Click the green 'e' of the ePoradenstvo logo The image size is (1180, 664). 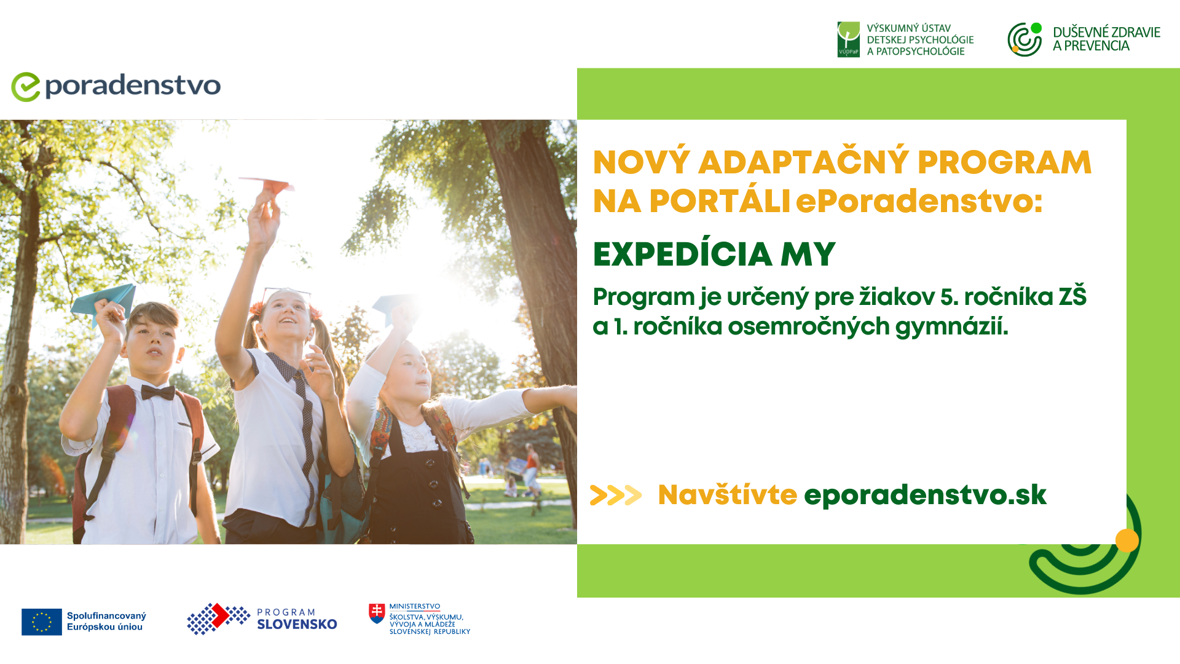[25, 87]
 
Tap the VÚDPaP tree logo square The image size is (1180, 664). [848, 39]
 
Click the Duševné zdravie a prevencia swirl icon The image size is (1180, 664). [1025, 39]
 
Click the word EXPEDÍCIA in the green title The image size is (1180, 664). [682, 254]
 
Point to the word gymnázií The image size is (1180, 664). [951, 327]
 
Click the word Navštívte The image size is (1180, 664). [727, 495]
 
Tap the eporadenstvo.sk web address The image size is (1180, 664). [925, 496]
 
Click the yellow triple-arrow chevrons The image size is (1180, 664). [616, 495]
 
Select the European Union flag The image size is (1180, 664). [42, 622]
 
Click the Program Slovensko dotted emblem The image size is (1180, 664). [218, 619]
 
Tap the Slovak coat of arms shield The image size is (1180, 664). [377, 613]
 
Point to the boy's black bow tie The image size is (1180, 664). [158, 392]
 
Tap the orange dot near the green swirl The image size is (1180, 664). [1127, 540]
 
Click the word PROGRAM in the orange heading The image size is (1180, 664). [1004, 162]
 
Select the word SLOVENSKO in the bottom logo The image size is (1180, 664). [297, 625]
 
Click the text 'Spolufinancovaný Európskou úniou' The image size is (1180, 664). [106, 622]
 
